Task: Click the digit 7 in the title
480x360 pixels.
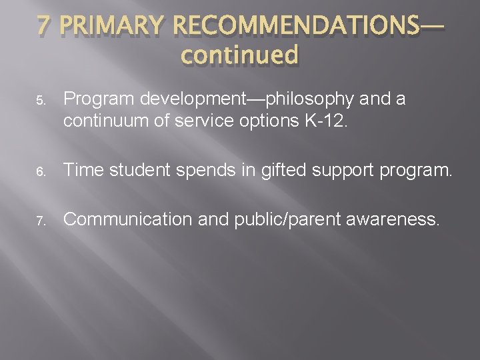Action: tap(44, 26)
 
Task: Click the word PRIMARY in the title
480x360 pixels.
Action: tap(111, 26)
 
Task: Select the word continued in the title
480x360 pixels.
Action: tap(239, 55)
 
